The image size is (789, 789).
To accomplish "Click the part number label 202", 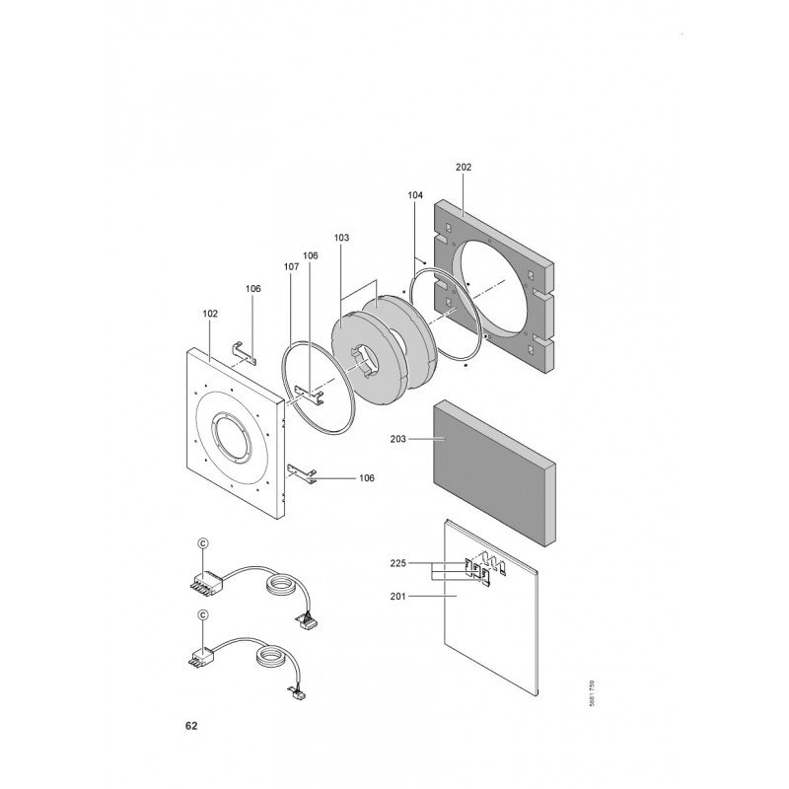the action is [464, 167].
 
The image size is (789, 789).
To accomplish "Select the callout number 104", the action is [415, 195].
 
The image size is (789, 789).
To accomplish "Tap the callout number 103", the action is [341, 238].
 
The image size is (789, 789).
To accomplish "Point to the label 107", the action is [291, 266].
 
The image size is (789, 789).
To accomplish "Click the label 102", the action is [210, 314].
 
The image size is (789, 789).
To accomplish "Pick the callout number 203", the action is [397, 439].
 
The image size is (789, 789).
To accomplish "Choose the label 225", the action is [397, 563].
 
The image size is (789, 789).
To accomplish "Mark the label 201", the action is [397, 597].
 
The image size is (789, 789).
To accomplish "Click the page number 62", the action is [191, 726].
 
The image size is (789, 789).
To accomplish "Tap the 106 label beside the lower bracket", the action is [366, 478].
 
